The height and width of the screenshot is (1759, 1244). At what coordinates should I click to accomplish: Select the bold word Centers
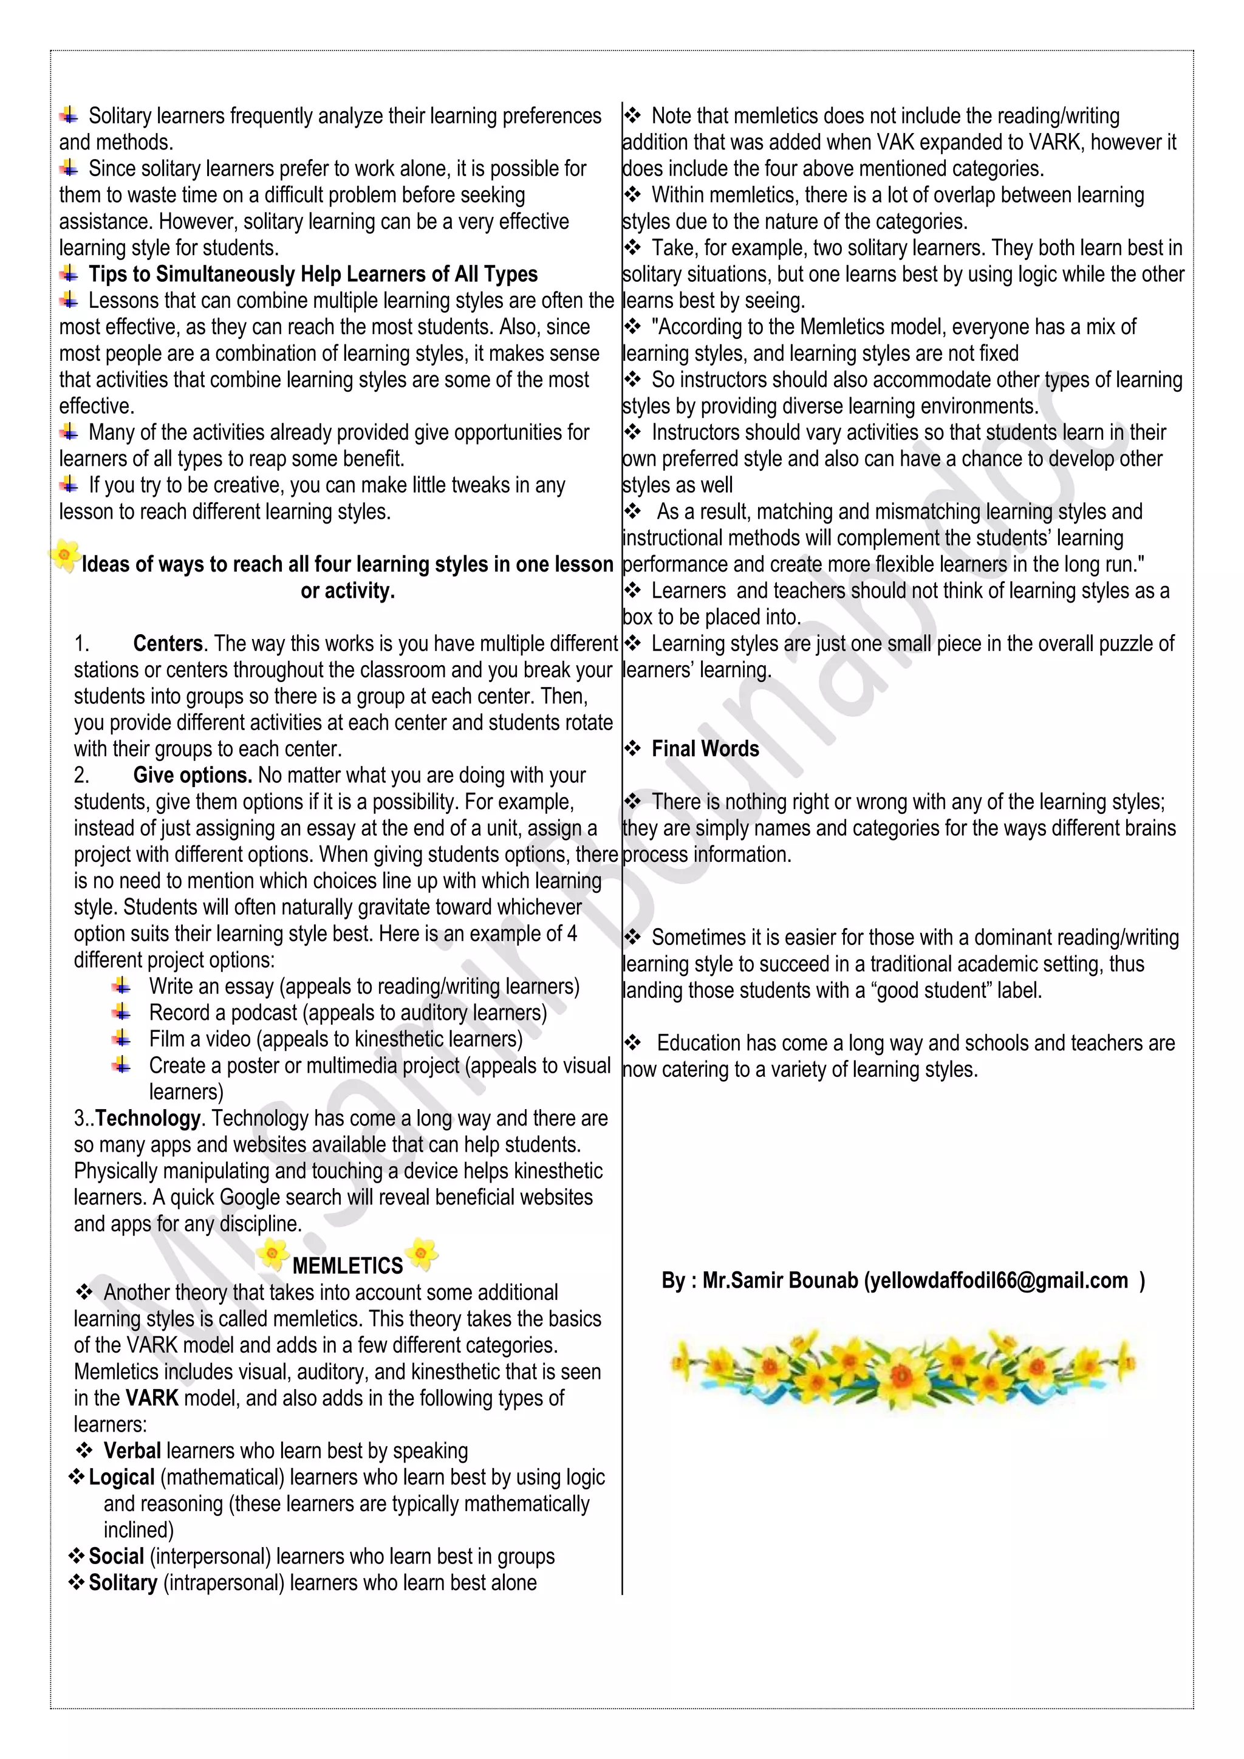(x=168, y=644)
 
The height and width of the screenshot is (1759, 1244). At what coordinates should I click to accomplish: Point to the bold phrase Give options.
(x=193, y=775)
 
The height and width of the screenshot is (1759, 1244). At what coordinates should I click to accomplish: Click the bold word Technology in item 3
(x=148, y=1119)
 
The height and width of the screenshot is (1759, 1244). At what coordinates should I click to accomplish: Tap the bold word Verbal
(x=132, y=1450)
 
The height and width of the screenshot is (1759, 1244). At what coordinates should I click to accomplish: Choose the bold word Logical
(x=122, y=1477)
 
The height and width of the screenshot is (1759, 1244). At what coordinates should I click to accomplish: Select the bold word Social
(x=117, y=1556)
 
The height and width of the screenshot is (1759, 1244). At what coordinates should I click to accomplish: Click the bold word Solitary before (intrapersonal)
(x=123, y=1582)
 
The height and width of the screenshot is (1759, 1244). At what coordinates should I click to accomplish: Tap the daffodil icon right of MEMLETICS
(x=422, y=1254)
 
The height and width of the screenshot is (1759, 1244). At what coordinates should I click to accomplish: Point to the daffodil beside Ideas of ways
(x=65, y=555)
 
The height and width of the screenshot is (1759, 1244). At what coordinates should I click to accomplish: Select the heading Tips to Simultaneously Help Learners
(x=313, y=275)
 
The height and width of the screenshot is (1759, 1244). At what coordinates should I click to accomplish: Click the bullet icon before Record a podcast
(x=121, y=1012)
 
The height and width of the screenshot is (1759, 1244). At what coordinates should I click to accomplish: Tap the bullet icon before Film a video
(x=121, y=1039)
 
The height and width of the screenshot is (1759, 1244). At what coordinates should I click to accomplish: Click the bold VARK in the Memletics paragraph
(x=152, y=1398)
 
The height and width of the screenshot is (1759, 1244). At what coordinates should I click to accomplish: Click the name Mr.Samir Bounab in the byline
(x=780, y=1280)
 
